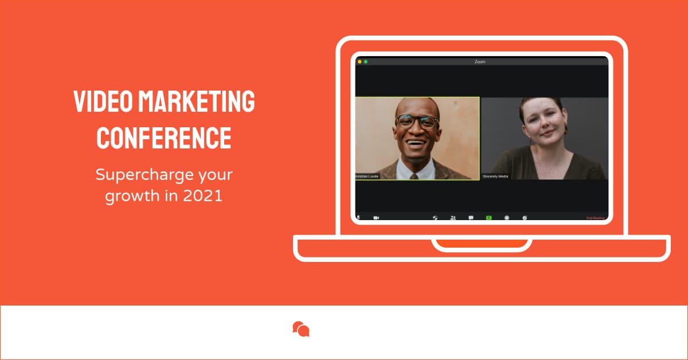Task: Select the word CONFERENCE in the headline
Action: pyautogui.click(x=164, y=137)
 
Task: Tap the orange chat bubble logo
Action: pyautogui.click(x=301, y=329)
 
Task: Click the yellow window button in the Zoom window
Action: pyautogui.click(x=359, y=61)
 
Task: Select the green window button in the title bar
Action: pyautogui.click(x=366, y=61)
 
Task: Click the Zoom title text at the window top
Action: pyautogui.click(x=480, y=61)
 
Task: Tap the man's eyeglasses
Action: pyautogui.click(x=417, y=122)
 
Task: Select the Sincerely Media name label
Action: pyautogui.click(x=495, y=176)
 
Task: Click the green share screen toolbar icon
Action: pyautogui.click(x=489, y=218)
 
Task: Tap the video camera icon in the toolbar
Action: pyautogui.click(x=377, y=218)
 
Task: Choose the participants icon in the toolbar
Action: pyautogui.click(x=453, y=218)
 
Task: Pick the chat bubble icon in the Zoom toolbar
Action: pyautogui.click(x=471, y=218)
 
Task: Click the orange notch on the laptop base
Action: pyautogui.click(x=482, y=243)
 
